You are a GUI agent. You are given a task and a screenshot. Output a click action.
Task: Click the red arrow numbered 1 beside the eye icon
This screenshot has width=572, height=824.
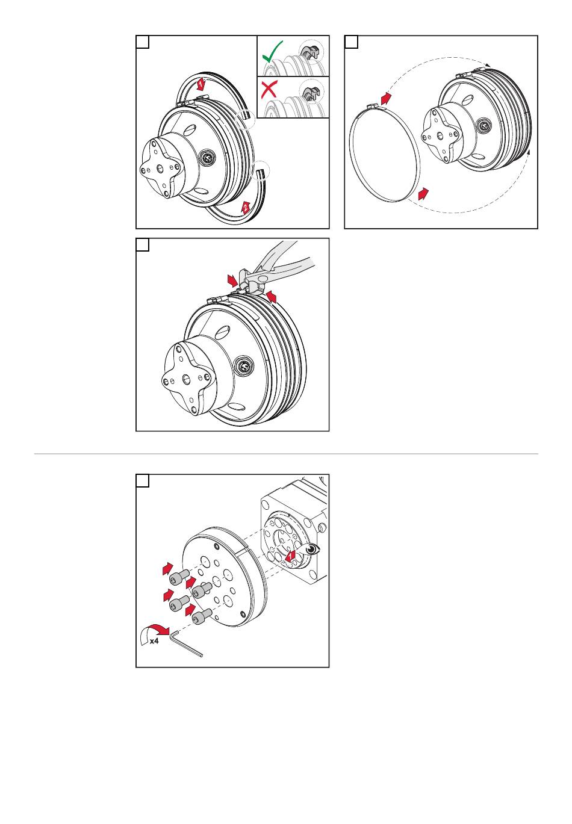click(291, 555)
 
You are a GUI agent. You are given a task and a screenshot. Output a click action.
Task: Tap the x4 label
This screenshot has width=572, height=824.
click(154, 642)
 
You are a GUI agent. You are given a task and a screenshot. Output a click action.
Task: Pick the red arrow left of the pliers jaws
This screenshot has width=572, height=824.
click(232, 280)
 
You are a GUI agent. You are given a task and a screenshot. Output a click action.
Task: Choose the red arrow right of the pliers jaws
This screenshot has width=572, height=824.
click(272, 296)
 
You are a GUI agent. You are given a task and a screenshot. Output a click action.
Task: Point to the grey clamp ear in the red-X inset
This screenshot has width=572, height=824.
click(311, 93)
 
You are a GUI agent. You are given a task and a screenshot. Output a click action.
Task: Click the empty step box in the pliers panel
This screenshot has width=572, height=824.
click(143, 245)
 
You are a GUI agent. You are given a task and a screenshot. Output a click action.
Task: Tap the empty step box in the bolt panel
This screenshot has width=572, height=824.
click(143, 481)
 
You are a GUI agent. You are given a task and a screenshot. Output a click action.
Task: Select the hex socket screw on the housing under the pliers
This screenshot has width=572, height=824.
click(245, 365)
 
